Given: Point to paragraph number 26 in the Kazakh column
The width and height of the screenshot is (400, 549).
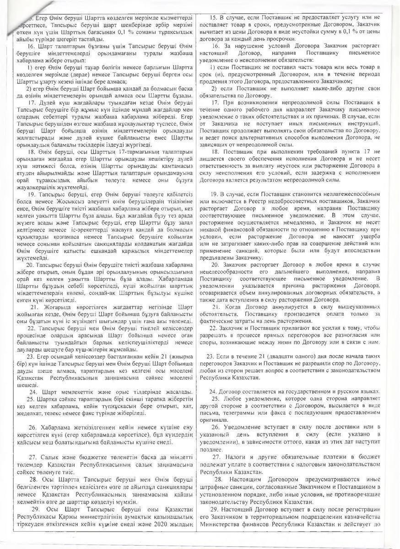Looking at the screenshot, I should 32,426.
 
